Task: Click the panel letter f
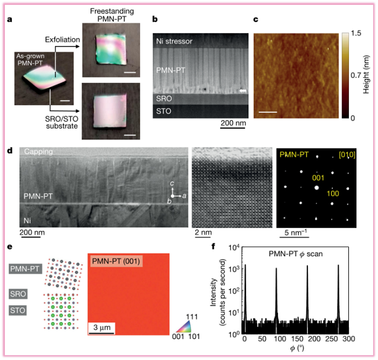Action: [x=215, y=247]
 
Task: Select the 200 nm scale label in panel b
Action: [x=233, y=123]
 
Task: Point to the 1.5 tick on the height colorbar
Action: [x=352, y=34]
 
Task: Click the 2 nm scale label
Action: [x=203, y=233]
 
